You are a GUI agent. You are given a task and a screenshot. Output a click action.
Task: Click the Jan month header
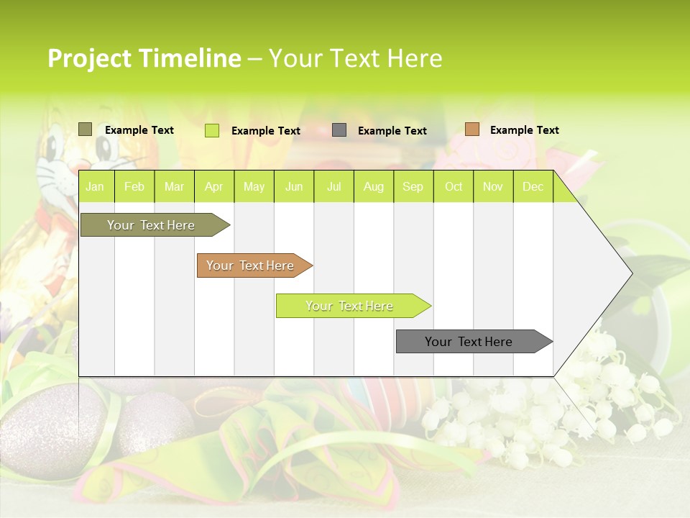(95, 187)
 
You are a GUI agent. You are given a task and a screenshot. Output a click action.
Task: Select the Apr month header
(213, 187)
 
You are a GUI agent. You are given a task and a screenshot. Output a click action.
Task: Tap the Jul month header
(333, 187)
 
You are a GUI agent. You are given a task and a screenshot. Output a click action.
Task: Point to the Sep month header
(413, 187)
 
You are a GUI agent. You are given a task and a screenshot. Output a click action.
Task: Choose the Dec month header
(533, 187)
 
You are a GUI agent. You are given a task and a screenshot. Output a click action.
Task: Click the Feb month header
(134, 187)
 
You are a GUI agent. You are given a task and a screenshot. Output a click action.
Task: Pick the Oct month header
(454, 187)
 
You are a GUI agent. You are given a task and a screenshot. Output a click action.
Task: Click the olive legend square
(86, 129)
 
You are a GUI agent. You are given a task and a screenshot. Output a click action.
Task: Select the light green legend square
(212, 130)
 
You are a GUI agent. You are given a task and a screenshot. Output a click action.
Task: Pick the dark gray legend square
(339, 130)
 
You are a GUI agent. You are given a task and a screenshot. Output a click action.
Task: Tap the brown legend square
(471, 129)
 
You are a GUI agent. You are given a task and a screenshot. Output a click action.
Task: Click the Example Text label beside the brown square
(524, 130)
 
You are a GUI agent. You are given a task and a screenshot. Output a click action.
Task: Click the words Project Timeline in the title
(144, 58)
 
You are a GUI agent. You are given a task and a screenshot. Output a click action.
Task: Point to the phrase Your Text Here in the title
(355, 58)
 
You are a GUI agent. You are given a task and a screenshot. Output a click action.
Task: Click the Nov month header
(493, 187)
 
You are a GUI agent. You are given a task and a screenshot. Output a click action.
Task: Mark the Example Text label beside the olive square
(139, 130)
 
